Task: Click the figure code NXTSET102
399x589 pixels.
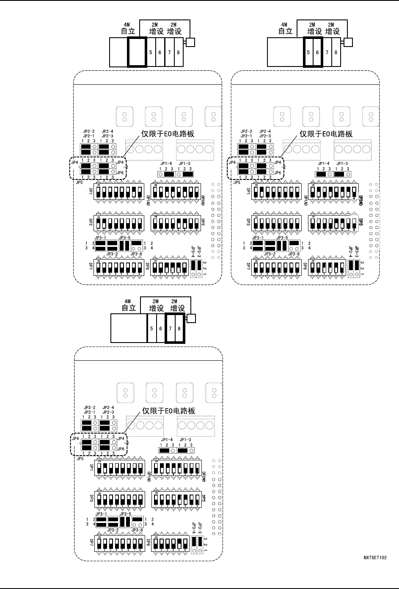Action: [375, 558]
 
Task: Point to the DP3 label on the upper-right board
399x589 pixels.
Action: [248, 221]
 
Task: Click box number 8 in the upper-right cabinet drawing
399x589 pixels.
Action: [336, 53]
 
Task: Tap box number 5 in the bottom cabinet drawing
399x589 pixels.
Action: [151, 329]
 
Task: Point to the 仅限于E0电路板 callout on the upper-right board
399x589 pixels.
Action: [326, 134]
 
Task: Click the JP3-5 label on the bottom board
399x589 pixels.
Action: [125, 514]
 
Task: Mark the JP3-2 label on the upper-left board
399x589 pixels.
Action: [112, 254]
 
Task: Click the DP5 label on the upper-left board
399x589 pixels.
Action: [202, 221]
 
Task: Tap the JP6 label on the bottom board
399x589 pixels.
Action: [121, 449]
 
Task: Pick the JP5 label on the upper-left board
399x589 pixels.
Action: [79, 183]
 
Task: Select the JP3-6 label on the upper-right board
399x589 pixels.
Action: [294, 254]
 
